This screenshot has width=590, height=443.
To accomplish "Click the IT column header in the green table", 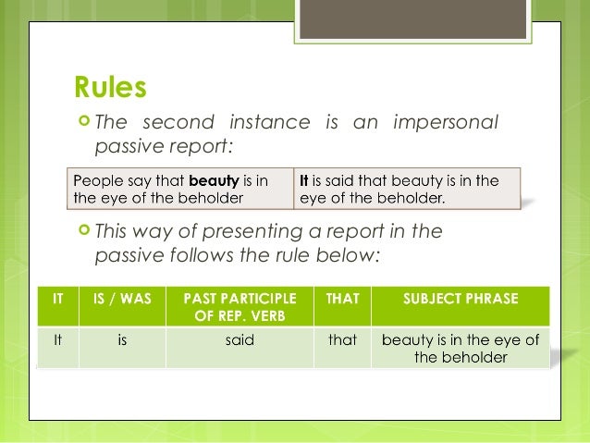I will click(x=58, y=299).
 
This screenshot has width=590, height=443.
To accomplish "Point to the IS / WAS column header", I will click(x=123, y=299).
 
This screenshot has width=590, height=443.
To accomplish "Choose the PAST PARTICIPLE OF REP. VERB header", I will click(x=240, y=306).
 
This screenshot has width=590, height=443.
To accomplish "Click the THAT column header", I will click(x=341, y=299).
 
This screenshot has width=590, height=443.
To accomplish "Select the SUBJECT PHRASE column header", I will click(x=461, y=299).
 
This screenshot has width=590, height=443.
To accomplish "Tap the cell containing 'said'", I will click(x=240, y=339).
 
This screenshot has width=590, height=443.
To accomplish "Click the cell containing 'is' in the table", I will click(x=123, y=339).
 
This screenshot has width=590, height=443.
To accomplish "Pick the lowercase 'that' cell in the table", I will click(x=341, y=339).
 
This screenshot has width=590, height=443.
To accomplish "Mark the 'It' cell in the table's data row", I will click(x=58, y=339).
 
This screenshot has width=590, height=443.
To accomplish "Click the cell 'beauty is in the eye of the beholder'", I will click(x=461, y=348).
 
